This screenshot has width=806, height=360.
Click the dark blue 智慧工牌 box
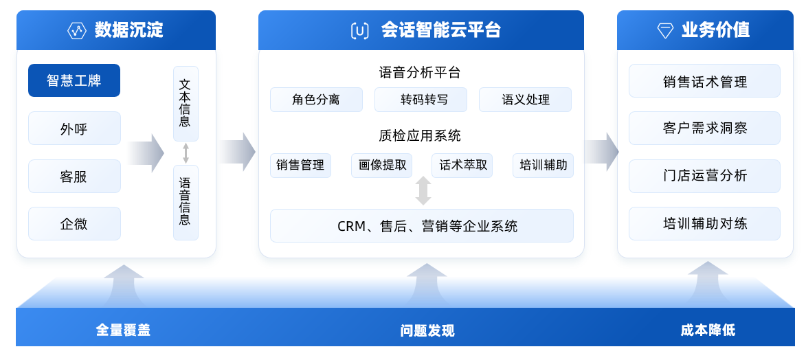(74, 80)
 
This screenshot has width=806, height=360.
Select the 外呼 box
(74, 128)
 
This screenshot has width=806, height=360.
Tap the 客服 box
(74, 176)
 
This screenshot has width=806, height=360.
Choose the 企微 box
(74, 223)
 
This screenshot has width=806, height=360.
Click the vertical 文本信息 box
(186, 104)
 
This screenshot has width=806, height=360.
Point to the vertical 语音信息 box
(186, 202)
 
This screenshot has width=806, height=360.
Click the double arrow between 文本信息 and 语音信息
(186, 153)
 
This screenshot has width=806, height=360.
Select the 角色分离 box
(316, 100)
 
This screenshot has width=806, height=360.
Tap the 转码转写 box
(421, 100)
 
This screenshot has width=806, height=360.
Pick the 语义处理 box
(525, 100)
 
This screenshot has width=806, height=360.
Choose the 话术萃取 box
(462, 165)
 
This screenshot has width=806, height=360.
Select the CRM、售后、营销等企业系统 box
(421, 226)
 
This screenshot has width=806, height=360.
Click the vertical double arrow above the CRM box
(423, 191)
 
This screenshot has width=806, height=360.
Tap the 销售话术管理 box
(704, 81)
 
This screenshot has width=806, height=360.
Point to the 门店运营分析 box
(704, 176)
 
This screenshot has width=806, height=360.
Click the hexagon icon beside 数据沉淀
(76, 31)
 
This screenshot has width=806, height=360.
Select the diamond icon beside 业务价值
(665, 31)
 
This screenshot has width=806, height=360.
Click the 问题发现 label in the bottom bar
(427, 330)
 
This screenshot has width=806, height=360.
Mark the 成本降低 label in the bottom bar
(708, 330)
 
